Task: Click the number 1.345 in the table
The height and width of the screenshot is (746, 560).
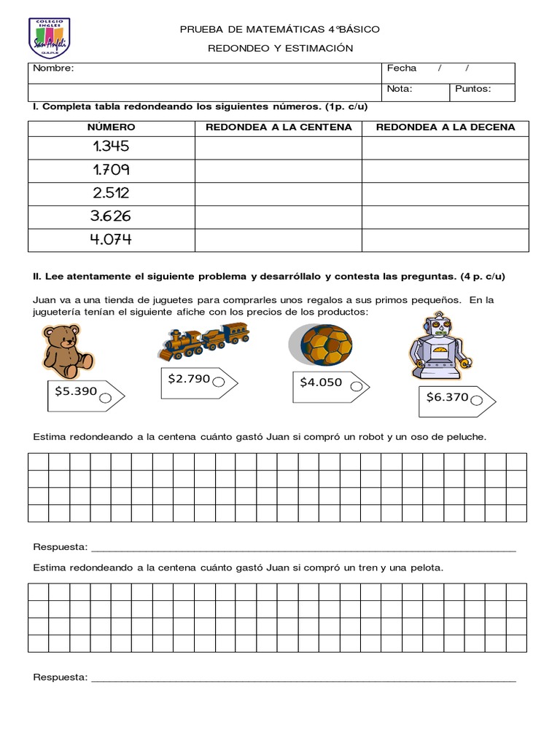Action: [x=111, y=146]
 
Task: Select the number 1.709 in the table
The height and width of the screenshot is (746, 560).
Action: [x=111, y=170]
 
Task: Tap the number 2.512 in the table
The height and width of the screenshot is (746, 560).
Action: [x=111, y=193]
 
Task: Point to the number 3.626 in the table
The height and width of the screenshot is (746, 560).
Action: [x=111, y=216]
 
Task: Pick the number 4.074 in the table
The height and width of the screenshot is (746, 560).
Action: [x=111, y=239]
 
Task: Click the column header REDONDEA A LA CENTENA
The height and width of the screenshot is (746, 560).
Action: [x=279, y=127]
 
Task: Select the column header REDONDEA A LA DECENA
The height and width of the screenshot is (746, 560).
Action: [x=446, y=127]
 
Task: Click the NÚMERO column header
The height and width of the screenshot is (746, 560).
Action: [x=111, y=127]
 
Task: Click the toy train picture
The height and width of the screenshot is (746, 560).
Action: [x=203, y=341]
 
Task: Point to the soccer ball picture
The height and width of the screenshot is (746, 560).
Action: [x=320, y=344]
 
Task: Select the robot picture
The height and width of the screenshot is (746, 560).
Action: [x=440, y=347]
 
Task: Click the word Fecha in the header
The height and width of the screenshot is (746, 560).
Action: [x=402, y=68]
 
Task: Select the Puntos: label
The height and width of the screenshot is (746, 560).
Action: [x=473, y=90]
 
